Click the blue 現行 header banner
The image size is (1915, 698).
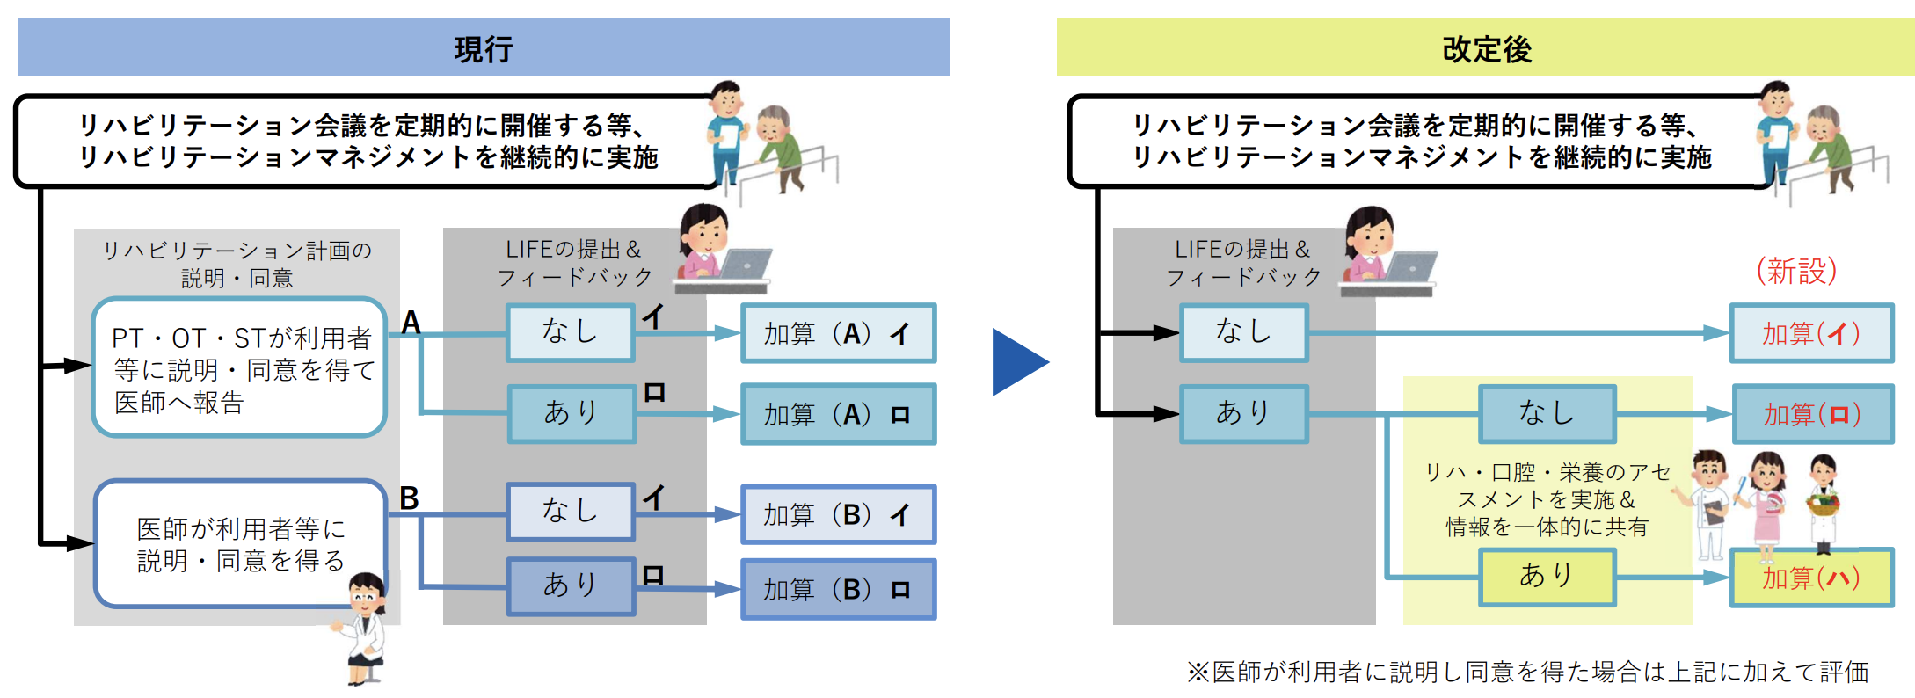(483, 47)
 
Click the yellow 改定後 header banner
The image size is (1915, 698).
(1486, 47)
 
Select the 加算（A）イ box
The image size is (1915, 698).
(838, 333)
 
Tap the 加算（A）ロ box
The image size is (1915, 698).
(838, 414)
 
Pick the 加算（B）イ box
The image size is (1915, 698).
(838, 514)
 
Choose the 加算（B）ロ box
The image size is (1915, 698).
(838, 589)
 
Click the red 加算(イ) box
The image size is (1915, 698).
(1811, 333)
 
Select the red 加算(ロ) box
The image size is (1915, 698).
(1812, 414)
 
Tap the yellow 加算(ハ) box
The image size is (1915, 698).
(1811, 578)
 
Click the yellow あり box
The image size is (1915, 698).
(1547, 577)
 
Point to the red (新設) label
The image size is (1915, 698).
(1796, 271)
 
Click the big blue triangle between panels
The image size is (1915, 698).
(1018, 361)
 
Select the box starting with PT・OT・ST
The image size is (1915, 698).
(239, 367)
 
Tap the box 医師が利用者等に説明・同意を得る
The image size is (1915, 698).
(239, 543)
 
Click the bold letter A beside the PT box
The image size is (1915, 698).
(411, 324)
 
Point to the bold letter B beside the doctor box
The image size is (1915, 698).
(410, 498)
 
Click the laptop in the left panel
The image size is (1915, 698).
(743, 265)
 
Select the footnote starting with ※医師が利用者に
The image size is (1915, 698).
(1527, 673)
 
